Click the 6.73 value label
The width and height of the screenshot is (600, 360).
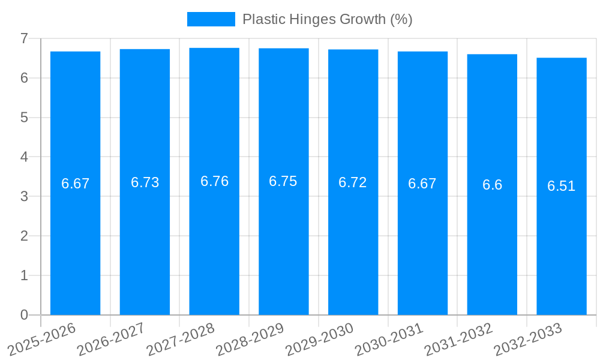tap(145, 182)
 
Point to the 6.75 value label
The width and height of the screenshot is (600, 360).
tap(283, 181)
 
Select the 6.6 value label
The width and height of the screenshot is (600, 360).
tap(492, 185)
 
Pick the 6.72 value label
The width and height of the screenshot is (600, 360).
tap(353, 182)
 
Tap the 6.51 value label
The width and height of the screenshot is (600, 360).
tap(562, 186)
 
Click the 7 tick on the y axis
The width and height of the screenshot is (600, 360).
tap(24, 38)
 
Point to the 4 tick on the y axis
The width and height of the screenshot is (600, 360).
tap(24, 157)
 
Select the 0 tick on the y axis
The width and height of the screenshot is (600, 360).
tap(24, 315)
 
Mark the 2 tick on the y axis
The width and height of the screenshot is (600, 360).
tap(24, 236)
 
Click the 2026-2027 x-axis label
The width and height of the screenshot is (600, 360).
tap(112, 339)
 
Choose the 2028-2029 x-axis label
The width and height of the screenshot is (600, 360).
tap(250, 339)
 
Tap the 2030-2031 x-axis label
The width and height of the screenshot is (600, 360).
tap(389, 339)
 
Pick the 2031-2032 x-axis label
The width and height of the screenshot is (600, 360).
tap(459, 339)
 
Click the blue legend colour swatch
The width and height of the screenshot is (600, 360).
tap(211, 19)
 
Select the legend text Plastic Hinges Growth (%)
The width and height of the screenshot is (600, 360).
tap(327, 19)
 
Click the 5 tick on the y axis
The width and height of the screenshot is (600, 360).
tap(24, 118)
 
